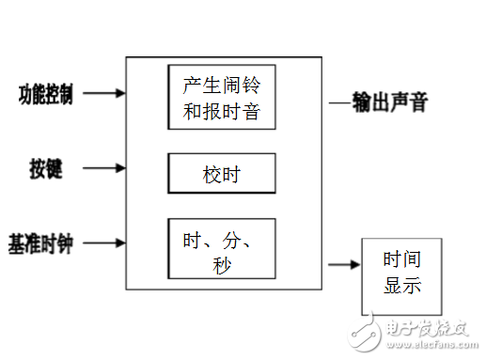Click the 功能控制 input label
pyautogui.click(x=46, y=94)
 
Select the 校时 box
pyautogui.click(x=221, y=173)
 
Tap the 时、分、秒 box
pyautogui.click(x=221, y=249)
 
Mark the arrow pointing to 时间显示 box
pyautogui.click(x=344, y=265)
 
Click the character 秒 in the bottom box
pyautogui.click(x=221, y=264)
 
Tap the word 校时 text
pyautogui.click(x=222, y=174)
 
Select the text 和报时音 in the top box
pyautogui.click(x=221, y=113)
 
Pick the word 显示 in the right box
pyautogui.click(x=402, y=285)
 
